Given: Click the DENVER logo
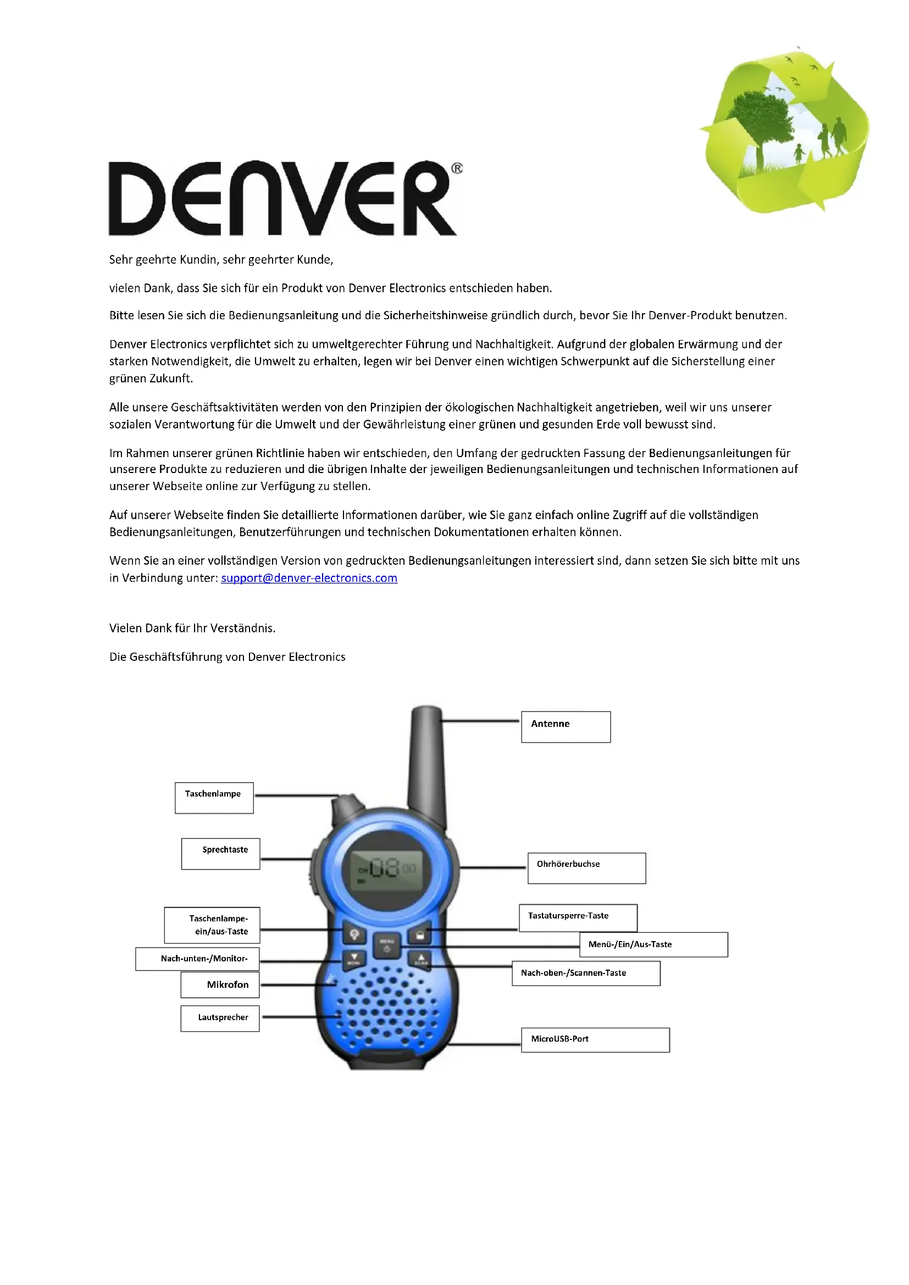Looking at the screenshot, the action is point(282,199).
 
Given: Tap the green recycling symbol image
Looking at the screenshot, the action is point(785,131).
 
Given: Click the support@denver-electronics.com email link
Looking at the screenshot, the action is point(309,578).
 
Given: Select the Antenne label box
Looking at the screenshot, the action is point(566,727).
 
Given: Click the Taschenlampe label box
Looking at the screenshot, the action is point(214,798).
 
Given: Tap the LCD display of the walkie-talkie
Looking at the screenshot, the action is point(387,869).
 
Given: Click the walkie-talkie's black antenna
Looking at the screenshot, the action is point(426,761).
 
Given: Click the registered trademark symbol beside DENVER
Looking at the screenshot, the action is point(457,169).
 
